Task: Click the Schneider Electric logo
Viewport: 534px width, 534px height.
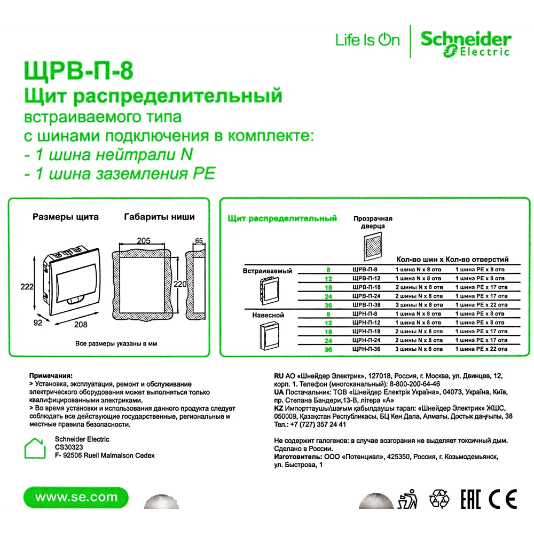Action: (x=465, y=43)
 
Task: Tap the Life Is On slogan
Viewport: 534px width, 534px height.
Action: (x=367, y=40)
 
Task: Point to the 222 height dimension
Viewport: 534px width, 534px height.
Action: (x=27, y=287)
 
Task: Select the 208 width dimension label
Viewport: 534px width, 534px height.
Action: (x=81, y=324)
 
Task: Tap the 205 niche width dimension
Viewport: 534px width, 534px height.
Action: (x=144, y=241)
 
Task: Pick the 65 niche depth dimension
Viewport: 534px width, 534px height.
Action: (x=199, y=241)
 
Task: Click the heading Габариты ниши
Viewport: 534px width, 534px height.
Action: (x=159, y=217)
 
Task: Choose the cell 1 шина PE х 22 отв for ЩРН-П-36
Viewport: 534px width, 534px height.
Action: (x=481, y=349)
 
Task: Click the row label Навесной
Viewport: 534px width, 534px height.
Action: (x=268, y=315)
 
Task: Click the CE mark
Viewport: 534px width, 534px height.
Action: (x=502, y=499)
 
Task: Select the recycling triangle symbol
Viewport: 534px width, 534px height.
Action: (x=441, y=499)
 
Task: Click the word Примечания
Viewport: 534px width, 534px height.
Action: (x=50, y=376)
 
